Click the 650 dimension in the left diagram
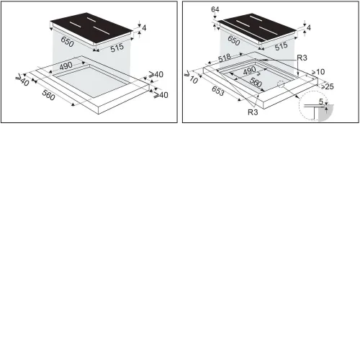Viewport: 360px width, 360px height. pyautogui.click(x=67, y=42)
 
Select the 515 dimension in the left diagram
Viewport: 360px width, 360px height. pyautogui.click(x=117, y=48)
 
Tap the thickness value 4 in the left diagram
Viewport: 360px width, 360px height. pyautogui.click(x=144, y=28)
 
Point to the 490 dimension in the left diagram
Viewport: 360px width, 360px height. pyautogui.click(x=66, y=66)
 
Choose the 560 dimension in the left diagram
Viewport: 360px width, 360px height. pyautogui.click(x=48, y=95)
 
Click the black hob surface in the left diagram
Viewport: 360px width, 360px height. pyautogui.click(x=91, y=30)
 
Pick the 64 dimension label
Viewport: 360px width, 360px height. pyautogui.click(x=215, y=9)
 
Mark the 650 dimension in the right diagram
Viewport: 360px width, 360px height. pyautogui.click(x=234, y=40)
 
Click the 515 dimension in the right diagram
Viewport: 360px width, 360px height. pyautogui.click(x=282, y=46)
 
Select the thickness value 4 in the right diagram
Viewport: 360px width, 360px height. pyautogui.click(x=309, y=27)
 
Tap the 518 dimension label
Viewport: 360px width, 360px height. pyautogui.click(x=225, y=58)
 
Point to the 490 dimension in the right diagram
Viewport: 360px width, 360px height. pyautogui.click(x=250, y=71)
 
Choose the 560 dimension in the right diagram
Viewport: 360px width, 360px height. pyautogui.click(x=256, y=82)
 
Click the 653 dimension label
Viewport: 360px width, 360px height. pyautogui.click(x=218, y=91)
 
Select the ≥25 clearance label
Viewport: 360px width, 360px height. pyautogui.click(x=328, y=86)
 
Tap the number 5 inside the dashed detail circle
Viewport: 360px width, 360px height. pyautogui.click(x=321, y=102)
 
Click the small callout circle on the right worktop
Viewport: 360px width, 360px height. pyautogui.click(x=281, y=84)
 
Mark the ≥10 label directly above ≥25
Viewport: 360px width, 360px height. pyautogui.click(x=318, y=72)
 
